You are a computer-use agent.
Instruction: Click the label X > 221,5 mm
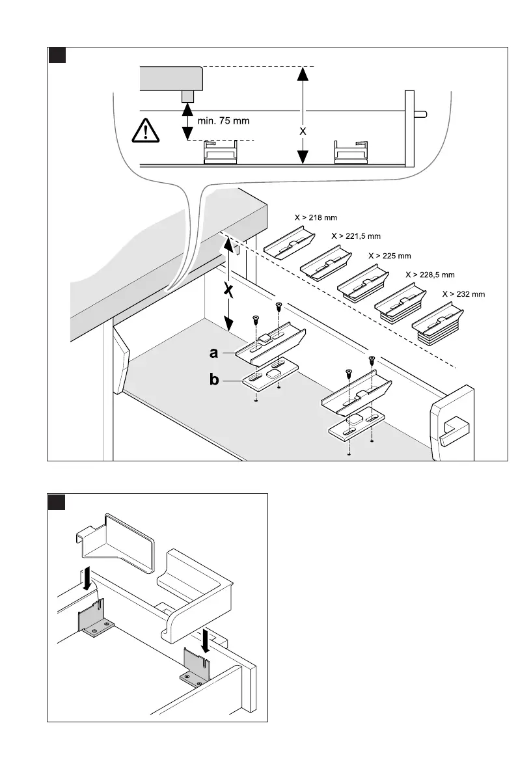[x=356, y=236]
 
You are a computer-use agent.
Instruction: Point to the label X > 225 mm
[x=390, y=256]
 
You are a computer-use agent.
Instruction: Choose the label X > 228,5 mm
[x=429, y=275]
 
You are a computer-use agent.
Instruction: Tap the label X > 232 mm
[x=463, y=294]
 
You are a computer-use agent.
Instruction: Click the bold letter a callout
[x=213, y=353]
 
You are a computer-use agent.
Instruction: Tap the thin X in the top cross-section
[x=303, y=130]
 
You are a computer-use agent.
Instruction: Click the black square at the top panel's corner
[x=57, y=56]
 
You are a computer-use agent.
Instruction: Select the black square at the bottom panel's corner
[x=57, y=502]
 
